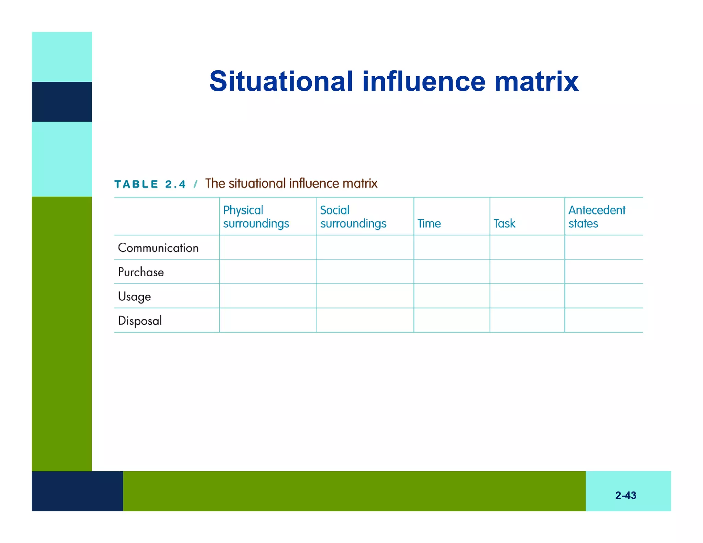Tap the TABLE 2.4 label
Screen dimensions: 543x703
[x=150, y=184]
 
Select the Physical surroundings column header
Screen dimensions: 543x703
[x=256, y=217]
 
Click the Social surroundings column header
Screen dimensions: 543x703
[x=353, y=217]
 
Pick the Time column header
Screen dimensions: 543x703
[x=429, y=223]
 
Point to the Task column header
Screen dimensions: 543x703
[x=504, y=223]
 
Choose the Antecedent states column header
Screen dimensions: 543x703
[x=597, y=217]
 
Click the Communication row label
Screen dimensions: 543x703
[x=158, y=248]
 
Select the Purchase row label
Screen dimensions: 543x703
[x=141, y=272]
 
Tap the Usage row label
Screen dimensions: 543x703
[x=134, y=297]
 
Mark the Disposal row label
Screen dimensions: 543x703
[x=140, y=321]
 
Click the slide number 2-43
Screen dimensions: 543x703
[x=625, y=495]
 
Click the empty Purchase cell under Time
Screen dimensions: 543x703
[x=451, y=271]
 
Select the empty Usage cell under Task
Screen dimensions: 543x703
[x=527, y=296]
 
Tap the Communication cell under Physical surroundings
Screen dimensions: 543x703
[x=268, y=247]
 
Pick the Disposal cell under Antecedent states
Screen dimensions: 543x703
[x=603, y=320]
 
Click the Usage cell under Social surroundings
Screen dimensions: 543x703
[x=365, y=296]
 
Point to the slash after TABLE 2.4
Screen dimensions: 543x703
[x=196, y=184]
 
